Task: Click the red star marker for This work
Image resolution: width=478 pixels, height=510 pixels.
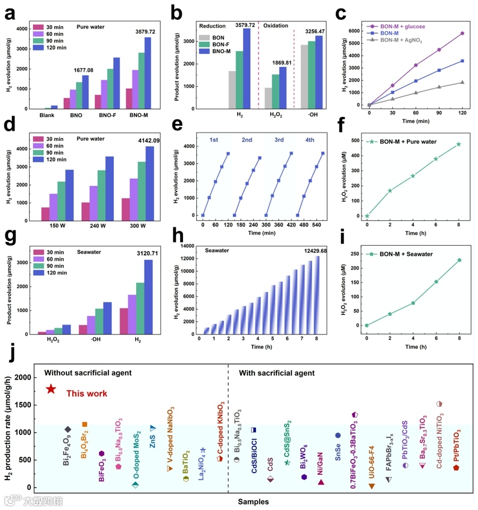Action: (x=51, y=389)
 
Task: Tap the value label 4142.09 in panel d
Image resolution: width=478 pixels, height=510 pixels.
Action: (x=147, y=140)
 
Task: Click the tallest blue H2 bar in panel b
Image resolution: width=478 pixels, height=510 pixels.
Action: (x=247, y=68)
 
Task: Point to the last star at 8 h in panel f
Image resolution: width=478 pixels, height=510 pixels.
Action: (x=458, y=144)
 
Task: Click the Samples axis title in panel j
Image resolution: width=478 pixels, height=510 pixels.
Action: (x=253, y=501)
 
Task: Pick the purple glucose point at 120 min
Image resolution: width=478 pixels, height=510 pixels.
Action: (x=463, y=34)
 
